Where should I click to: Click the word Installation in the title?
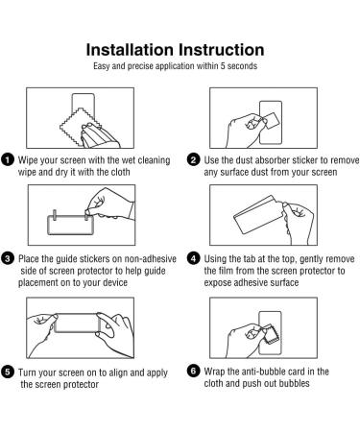[x=130, y=50]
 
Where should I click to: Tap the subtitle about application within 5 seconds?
[x=175, y=66]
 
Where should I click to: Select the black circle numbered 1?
[x=8, y=159]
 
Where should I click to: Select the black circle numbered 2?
[x=194, y=159]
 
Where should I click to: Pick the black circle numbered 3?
[x=8, y=258]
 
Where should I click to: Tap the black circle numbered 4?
[x=194, y=258]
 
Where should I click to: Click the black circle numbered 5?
[x=8, y=372]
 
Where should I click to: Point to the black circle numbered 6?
[x=194, y=371]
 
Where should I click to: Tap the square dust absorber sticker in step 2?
[x=272, y=121]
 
